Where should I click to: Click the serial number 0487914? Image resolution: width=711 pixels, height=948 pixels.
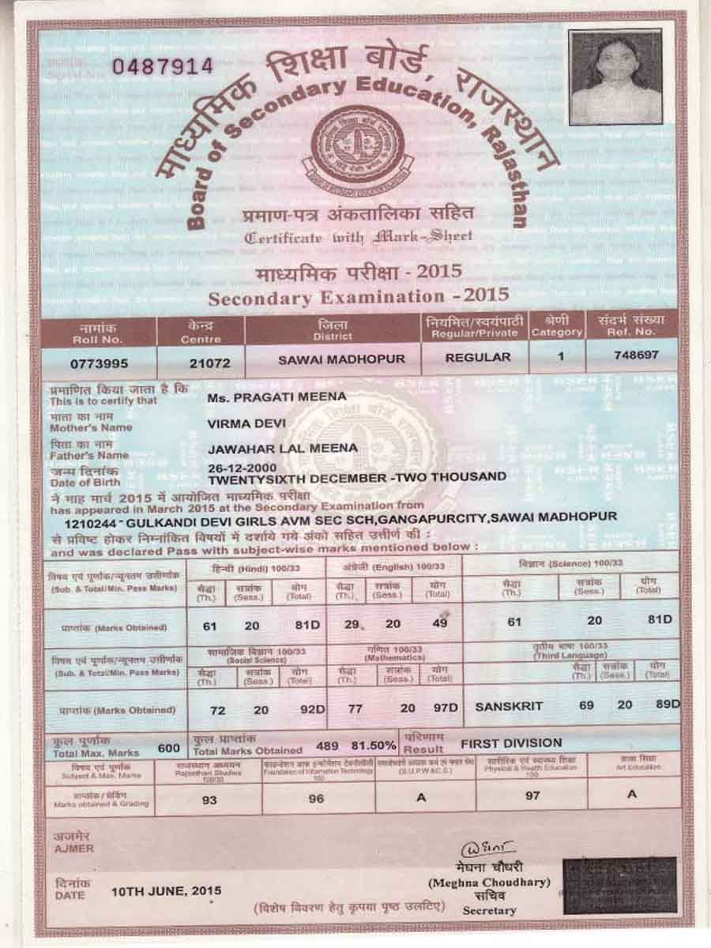coord(163,66)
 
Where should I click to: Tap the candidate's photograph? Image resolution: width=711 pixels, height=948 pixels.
coord(615,77)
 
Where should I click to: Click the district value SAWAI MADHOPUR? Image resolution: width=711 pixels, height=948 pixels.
coord(341,359)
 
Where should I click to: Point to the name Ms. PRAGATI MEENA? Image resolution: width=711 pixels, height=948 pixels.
coord(276,397)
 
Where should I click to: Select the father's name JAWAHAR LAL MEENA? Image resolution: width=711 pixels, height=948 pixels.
coord(282,449)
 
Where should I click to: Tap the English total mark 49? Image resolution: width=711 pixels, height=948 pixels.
coord(440,623)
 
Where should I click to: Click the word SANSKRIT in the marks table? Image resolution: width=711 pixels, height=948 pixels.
coord(509,706)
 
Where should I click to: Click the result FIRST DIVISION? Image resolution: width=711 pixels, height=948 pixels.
coord(511,743)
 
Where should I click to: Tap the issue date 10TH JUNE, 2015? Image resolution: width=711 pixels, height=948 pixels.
coord(166,890)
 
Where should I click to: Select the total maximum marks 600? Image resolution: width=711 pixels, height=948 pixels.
coord(168,747)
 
